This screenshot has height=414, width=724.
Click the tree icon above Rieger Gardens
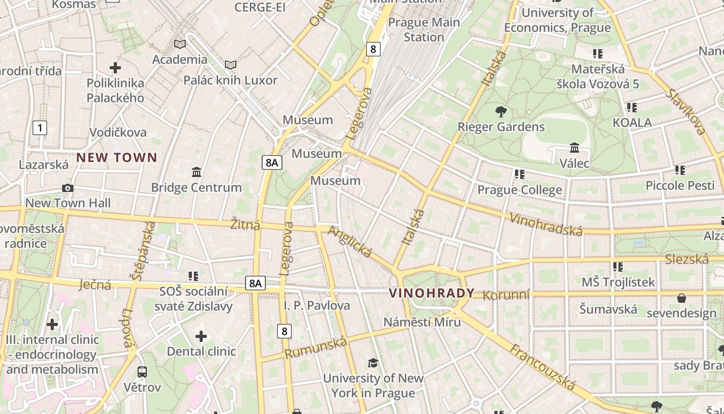pos(501,111)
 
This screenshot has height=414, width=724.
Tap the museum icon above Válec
pos(574,148)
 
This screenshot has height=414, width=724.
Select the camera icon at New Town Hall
pos(67,188)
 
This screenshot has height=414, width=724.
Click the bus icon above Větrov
pos(142,372)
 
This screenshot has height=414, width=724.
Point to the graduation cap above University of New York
pos(373,363)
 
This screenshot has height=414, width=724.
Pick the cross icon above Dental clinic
pos(201,337)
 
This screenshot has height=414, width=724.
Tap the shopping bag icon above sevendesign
pos(682,298)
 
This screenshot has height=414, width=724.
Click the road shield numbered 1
pos(40,127)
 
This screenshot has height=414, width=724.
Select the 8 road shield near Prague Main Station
pos(373,49)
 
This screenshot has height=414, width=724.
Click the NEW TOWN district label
pos(117,157)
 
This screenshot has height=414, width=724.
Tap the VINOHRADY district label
pos(431,293)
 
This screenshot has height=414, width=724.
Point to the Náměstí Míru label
pos(422,322)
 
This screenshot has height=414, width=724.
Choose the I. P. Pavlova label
pos(317,305)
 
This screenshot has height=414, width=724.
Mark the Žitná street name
pos(245,225)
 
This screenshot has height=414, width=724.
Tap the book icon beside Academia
pos(179,45)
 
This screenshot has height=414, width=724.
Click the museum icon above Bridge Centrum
pos(197,172)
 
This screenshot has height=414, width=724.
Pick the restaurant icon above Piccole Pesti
pos(680,170)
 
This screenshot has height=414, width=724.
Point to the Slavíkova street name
pos(686,112)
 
